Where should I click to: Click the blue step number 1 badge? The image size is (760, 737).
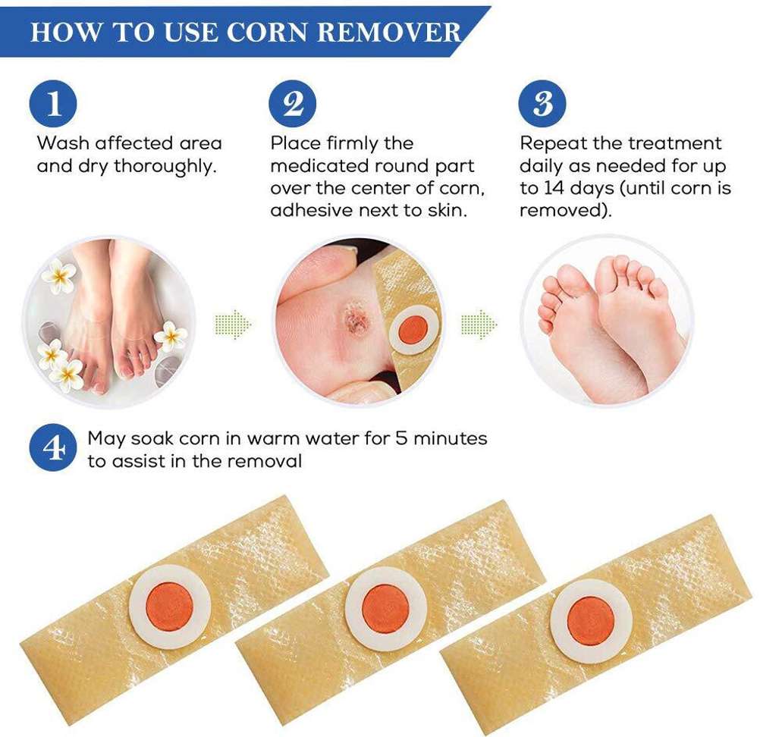click(x=53, y=104)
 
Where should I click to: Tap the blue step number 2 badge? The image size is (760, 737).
click(x=293, y=104)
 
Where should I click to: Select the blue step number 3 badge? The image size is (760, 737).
click(x=542, y=104)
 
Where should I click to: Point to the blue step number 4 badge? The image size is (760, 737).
click(x=53, y=447)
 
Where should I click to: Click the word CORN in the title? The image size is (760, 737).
click(x=266, y=33)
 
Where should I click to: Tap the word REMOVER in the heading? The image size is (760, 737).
click(x=389, y=33)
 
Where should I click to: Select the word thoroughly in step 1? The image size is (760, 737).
click(x=165, y=167)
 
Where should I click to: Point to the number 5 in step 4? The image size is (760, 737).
click(x=400, y=438)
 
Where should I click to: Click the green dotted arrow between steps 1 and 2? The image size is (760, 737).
click(x=233, y=324)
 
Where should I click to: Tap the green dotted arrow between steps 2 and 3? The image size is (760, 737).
click(x=479, y=324)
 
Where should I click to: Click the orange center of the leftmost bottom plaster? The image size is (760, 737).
click(x=169, y=607)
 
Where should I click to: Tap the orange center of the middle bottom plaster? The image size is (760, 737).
click(x=386, y=609)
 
